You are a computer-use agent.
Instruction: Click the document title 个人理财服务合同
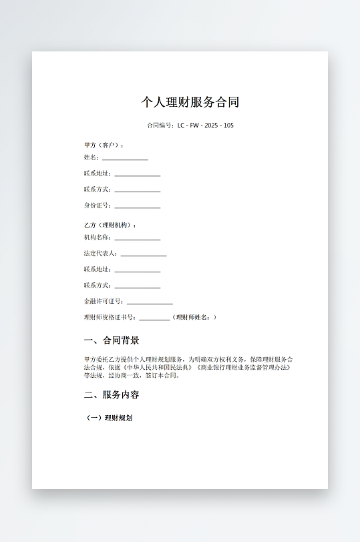(190, 102)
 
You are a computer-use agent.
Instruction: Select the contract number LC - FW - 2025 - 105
(206, 125)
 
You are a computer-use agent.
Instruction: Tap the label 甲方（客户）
(103, 145)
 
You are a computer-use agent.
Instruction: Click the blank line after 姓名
(125, 159)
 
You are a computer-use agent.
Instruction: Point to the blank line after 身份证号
(137, 207)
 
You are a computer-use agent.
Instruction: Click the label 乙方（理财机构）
(110, 225)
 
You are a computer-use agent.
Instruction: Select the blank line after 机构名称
(137, 239)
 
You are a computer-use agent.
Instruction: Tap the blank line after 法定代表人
(144, 255)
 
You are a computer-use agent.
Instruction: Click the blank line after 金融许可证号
(150, 303)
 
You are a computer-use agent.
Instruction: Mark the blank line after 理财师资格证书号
(154, 319)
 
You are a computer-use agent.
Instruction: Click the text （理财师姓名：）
(194, 318)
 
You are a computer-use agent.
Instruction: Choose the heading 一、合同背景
(112, 340)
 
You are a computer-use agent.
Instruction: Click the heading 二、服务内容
(112, 394)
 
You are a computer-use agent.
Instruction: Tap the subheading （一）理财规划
(110, 418)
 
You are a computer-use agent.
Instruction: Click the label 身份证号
(98, 206)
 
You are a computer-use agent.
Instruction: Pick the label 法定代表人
(100, 254)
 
